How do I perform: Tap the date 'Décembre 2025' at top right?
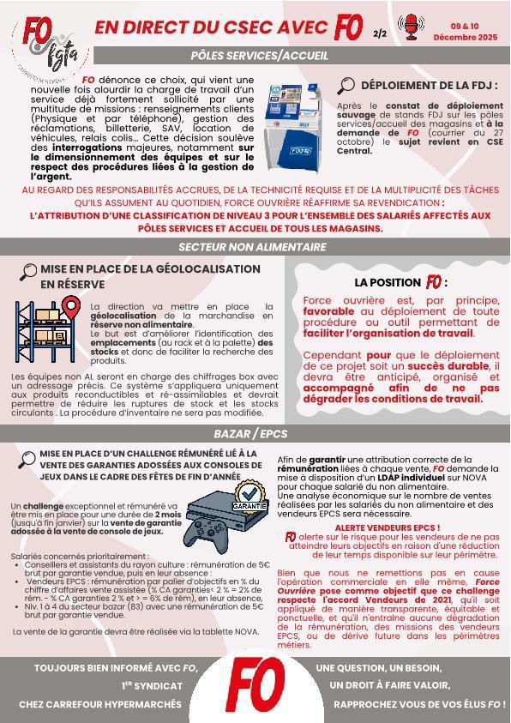465,38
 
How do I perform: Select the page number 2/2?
380,34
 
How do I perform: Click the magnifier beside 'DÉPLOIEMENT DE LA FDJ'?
346,85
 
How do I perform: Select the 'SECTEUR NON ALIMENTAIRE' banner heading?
252,247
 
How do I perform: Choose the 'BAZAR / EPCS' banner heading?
250,434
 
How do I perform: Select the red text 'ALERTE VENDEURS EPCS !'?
387,527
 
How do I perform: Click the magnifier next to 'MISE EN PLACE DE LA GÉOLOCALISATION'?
28,272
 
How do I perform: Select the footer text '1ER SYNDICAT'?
152,685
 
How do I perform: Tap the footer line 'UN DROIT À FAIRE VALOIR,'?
389,685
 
